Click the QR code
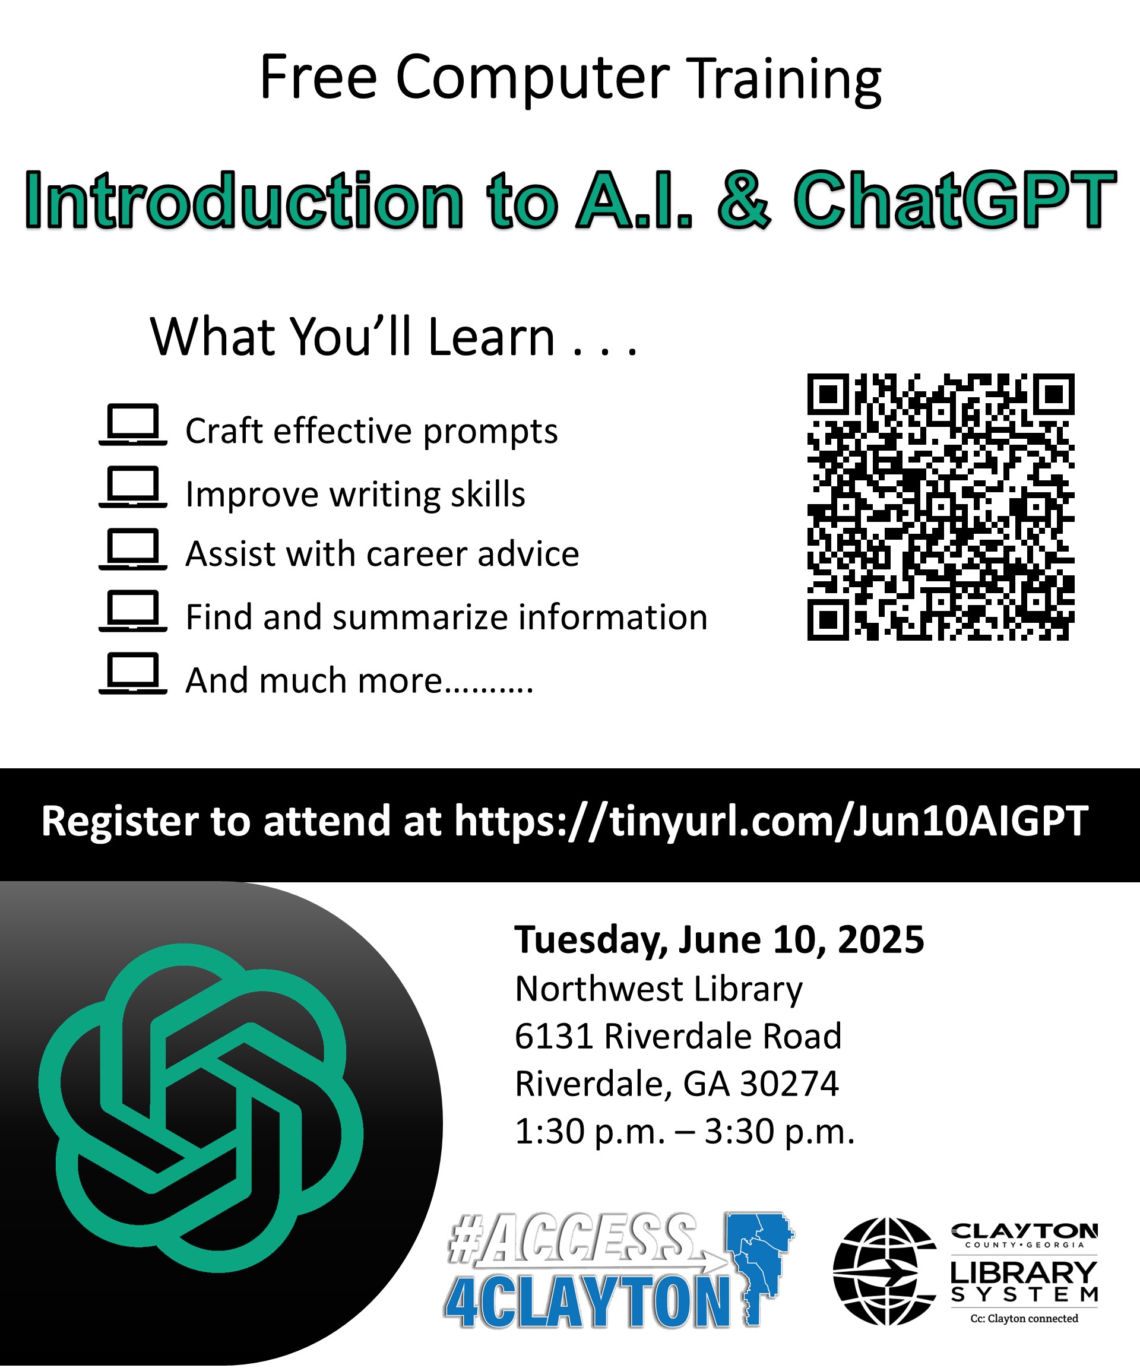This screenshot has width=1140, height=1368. (940, 507)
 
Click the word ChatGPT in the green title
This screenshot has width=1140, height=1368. (955, 200)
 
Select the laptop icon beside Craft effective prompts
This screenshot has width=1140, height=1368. (133, 425)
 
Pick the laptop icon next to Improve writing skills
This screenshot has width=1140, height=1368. (133, 487)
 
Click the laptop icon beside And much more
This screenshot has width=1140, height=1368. (133, 673)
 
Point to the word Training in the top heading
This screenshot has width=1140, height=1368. (785, 79)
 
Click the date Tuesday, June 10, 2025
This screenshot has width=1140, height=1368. (719, 939)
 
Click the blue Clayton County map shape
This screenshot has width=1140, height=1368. (761, 1268)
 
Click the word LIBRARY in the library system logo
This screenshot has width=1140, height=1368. (1024, 1272)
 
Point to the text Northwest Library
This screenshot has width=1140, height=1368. (658, 988)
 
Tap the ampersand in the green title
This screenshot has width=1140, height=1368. (744, 200)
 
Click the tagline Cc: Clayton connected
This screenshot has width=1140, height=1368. (1024, 1319)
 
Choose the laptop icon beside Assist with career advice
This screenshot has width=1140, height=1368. (133, 549)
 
